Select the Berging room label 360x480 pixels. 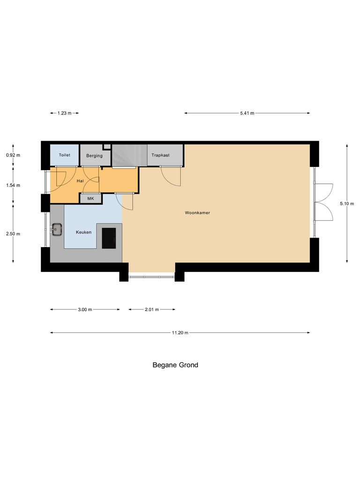tap(94, 156)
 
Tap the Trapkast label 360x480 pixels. tap(160, 155)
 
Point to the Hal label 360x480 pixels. tap(80, 180)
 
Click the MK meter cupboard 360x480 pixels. tap(90, 199)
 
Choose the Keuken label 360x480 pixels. tap(83, 232)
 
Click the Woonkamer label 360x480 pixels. tap(197, 213)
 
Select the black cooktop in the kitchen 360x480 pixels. tap(109, 238)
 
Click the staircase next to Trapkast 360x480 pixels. tap(129, 155)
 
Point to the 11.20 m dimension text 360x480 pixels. tap(180, 333)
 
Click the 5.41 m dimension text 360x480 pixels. tap(247, 113)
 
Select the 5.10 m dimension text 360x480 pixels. tap(347, 203)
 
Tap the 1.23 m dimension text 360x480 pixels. tap(64, 113)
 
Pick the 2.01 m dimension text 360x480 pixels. tap(152, 309)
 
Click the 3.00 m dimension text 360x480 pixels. tap(85, 309)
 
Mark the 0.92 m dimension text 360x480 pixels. tap(13, 155)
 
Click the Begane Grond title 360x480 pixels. tap(175, 365)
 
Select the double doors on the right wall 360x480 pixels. tap(323, 202)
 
